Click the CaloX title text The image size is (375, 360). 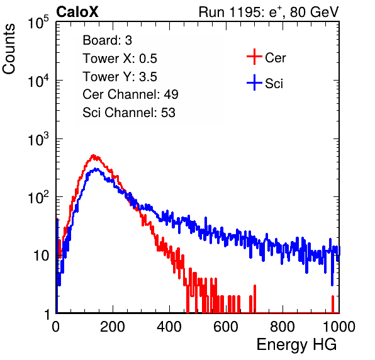point(77,12)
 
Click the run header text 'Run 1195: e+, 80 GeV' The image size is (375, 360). point(269,12)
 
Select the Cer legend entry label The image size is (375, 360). point(275,58)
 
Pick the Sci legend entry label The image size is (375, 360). point(274,84)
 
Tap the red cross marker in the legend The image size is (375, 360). point(254,57)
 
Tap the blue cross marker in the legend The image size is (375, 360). point(254,82)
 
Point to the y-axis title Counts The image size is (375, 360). point(9,49)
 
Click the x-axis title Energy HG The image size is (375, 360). point(296,345)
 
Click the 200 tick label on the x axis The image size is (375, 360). point(113,327)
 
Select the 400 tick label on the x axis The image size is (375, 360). point(169,327)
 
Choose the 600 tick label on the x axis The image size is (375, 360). point(226,327)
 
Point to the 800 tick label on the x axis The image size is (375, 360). point(283,327)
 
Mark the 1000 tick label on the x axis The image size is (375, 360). point(339,327)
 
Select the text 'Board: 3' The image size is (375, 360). point(107,40)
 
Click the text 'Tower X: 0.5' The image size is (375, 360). point(120,59)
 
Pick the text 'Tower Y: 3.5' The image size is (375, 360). point(120,77)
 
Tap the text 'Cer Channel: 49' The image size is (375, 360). point(130,94)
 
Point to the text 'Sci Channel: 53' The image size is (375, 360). point(129,113)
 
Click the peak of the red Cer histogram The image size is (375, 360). point(93,155)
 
